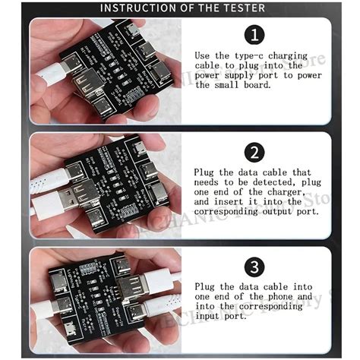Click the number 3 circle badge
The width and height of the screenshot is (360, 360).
coord(255,267)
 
